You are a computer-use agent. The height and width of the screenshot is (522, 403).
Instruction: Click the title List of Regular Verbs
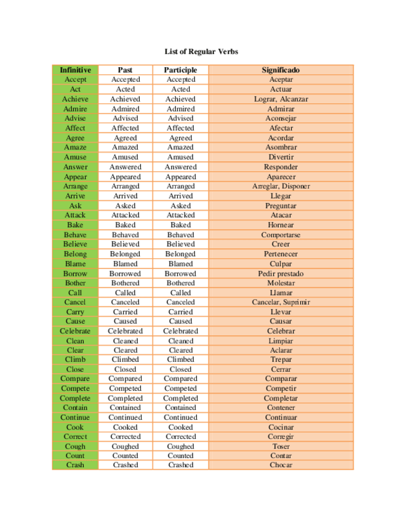point(201,52)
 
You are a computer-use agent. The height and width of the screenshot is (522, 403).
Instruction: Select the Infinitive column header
point(75,70)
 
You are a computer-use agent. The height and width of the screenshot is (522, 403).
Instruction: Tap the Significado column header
point(281,70)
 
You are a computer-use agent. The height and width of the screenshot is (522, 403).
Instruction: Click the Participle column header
point(180,70)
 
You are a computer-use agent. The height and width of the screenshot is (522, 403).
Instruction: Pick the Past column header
point(125,70)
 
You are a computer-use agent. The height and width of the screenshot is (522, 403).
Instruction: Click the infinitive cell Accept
point(75,79)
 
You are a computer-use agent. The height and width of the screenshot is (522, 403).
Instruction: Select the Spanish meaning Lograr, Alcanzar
point(281,99)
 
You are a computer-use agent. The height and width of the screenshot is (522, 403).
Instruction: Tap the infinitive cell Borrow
point(75,273)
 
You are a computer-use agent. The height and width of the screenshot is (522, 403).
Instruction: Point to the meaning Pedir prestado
point(281,273)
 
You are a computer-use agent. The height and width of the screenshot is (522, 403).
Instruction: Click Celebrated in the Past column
point(125,331)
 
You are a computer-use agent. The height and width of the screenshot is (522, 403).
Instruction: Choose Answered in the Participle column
point(180,167)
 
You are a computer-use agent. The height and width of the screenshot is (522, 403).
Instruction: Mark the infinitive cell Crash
point(75,465)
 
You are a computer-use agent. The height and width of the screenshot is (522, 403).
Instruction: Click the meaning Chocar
point(281,465)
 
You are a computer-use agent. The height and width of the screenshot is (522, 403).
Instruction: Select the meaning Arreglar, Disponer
point(281,186)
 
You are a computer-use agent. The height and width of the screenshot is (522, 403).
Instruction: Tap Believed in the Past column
point(125,244)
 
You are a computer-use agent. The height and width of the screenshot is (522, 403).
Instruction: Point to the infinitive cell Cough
point(75,446)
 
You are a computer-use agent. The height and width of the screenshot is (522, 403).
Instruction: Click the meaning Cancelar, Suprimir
point(281,302)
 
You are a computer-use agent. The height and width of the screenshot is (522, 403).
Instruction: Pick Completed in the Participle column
point(180,398)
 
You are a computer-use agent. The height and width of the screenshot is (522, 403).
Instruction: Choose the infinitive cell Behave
point(75,235)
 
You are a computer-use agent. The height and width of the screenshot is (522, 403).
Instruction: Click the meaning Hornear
point(281,225)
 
